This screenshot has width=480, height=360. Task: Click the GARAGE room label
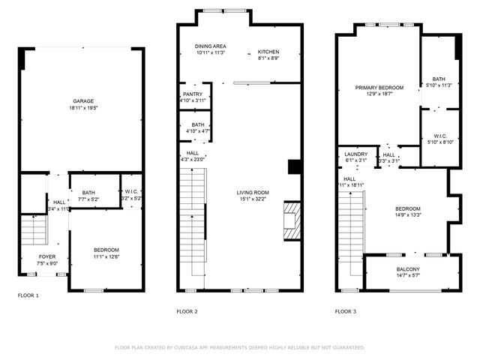pos(82,100)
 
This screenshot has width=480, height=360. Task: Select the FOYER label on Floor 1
pos(46,256)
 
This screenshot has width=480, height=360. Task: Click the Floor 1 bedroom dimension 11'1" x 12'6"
pos(105,257)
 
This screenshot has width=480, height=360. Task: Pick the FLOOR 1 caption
pos(28,295)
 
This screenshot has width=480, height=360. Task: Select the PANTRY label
pos(193,94)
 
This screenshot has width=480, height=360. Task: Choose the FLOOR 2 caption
pos(187,310)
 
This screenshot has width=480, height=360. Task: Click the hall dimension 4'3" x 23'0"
pos(193,159)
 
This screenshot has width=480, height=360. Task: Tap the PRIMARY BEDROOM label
pos(379,88)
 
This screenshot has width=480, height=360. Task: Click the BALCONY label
pos(408,269)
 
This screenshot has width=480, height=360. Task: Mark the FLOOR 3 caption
pos(345,310)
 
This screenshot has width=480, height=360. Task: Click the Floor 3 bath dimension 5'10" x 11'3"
pos(439,85)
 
